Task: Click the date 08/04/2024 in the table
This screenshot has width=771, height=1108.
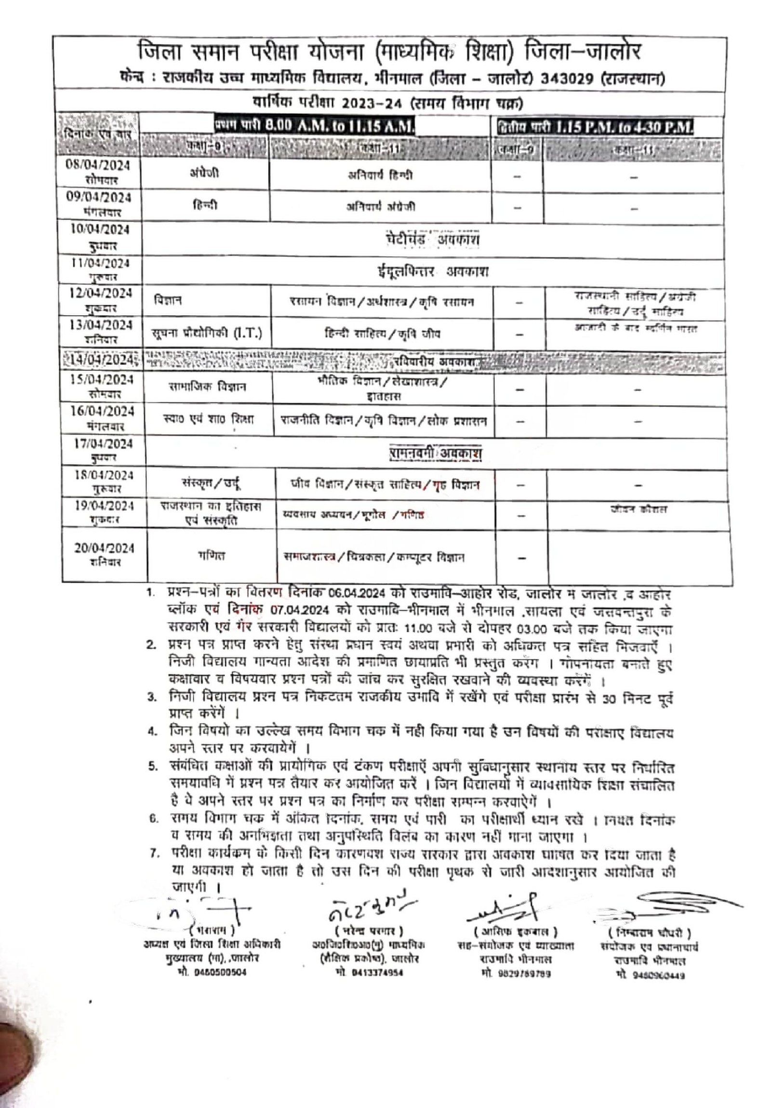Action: click(x=98, y=165)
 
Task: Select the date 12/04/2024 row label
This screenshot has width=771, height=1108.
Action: click(x=100, y=294)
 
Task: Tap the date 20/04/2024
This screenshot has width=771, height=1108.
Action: click(x=104, y=548)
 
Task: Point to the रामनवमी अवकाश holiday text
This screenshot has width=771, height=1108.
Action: click(x=435, y=453)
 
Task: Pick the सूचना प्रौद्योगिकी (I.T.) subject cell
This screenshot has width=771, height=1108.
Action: click(x=207, y=333)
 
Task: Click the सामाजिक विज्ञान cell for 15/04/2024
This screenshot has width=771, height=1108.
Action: click(x=208, y=387)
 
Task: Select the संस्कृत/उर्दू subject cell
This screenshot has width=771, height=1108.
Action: click(x=211, y=483)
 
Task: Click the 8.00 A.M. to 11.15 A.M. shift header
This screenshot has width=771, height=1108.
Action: click(x=340, y=126)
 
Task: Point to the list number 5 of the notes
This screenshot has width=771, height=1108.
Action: click(x=152, y=767)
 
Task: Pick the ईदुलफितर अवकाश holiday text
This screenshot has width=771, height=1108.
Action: click(x=432, y=272)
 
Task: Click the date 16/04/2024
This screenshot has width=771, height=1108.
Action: click(x=102, y=411)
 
